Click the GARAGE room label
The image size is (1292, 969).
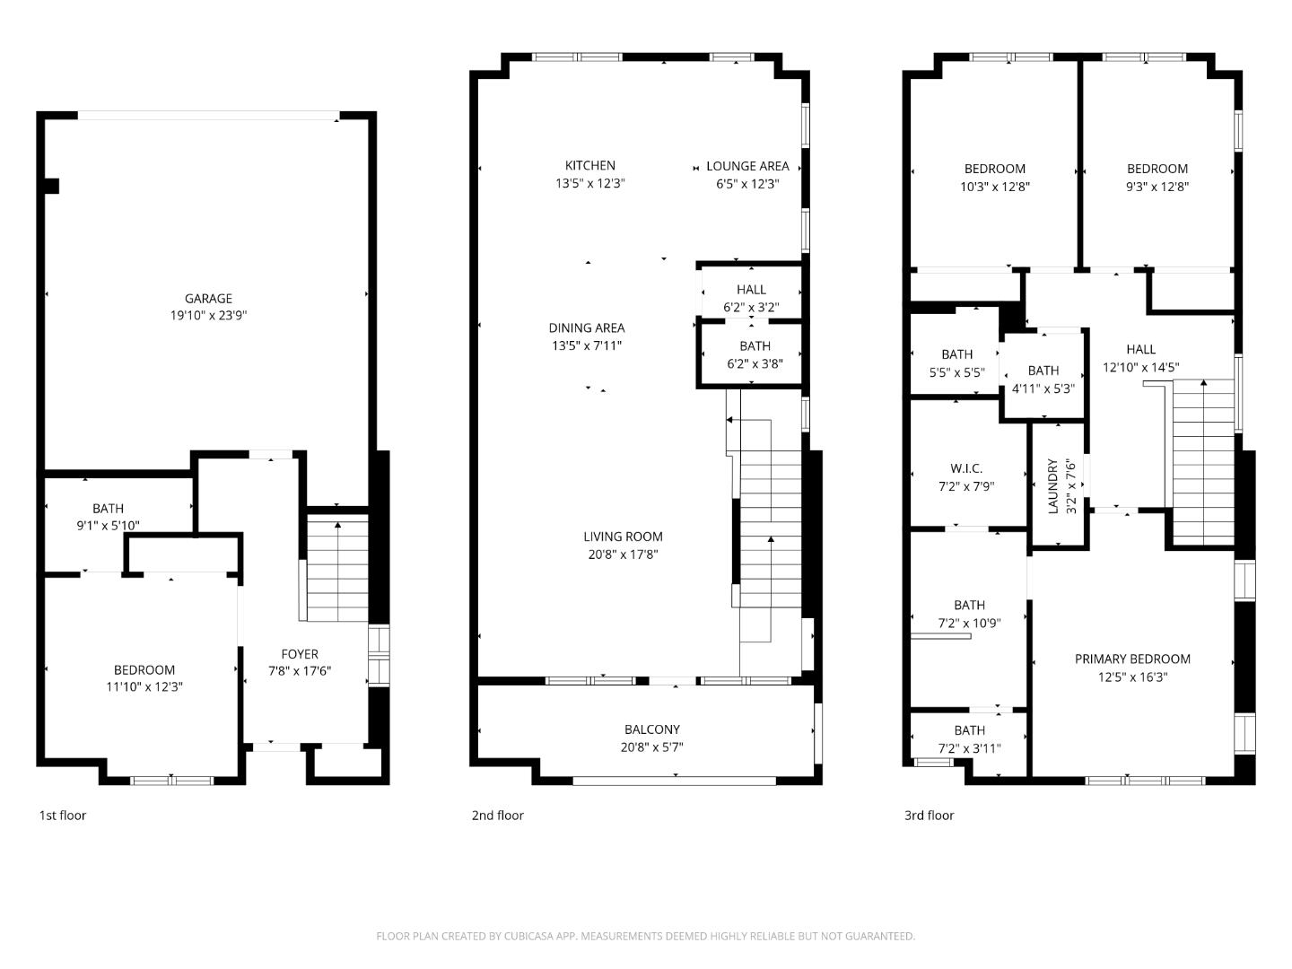click(x=208, y=299)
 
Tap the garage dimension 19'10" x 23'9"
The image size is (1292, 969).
click(x=208, y=316)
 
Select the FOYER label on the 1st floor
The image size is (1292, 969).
click(x=300, y=654)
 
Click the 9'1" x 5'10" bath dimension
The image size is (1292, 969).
click(x=108, y=526)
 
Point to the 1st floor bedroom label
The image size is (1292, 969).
click(x=144, y=670)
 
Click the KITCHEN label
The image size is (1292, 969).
click(x=589, y=165)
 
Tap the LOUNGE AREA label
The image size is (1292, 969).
click(x=747, y=166)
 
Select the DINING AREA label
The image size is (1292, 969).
click(x=587, y=328)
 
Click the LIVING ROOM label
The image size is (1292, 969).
click(x=623, y=537)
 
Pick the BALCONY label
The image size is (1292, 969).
click(x=651, y=729)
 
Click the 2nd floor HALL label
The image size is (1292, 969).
click(x=751, y=290)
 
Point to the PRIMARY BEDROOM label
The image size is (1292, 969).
click(x=1132, y=659)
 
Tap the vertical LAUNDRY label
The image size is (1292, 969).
click(x=1053, y=486)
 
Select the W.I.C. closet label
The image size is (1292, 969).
click(x=966, y=469)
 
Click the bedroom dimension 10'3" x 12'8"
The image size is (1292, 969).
click(x=995, y=188)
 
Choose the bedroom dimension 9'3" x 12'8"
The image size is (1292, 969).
click(x=1157, y=188)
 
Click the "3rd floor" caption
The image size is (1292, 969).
click(x=929, y=816)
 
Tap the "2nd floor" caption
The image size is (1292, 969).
click(x=497, y=816)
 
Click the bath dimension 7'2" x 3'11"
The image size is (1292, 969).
click(x=969, y=748)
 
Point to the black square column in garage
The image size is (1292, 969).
click(x=51, y=187)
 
